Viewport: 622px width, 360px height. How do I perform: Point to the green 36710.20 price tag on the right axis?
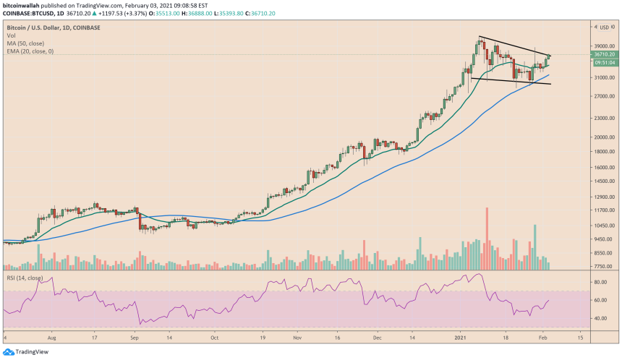[x=604, y=54]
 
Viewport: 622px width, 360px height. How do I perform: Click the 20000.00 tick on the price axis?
[x=603, y=137]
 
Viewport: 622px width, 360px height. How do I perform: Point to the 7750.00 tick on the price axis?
[x=603, y=266]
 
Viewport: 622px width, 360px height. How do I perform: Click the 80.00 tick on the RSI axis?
[x=600, y=280]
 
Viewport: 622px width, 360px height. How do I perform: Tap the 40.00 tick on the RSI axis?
[x=600, y=318]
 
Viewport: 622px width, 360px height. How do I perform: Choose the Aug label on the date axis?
[x=52, y=337]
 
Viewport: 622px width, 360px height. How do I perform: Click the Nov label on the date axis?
[x=297, y=337]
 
